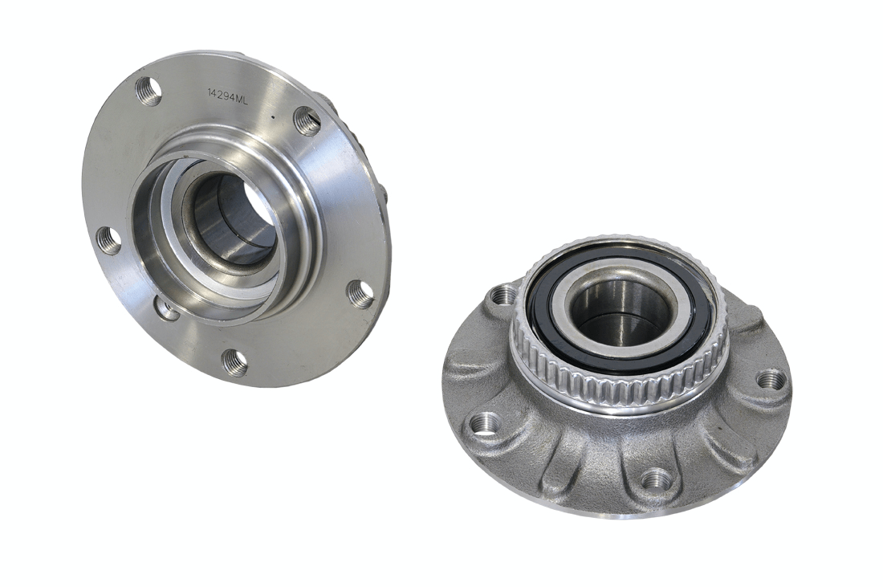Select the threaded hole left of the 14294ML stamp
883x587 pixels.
pos(149,91)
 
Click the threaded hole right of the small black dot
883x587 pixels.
pos(307,120)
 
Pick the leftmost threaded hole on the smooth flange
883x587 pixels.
pos(108,240)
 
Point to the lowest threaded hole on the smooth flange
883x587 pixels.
pos(234,362)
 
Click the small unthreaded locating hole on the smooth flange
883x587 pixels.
pos(166,308)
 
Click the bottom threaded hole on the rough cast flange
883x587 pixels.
pos(657,479)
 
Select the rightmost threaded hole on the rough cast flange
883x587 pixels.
pos(771,379)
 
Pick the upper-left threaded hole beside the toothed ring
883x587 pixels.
pos(503,296)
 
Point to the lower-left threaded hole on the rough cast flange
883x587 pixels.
pos(486,422)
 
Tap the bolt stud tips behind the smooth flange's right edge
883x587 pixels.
pos(383,193)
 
